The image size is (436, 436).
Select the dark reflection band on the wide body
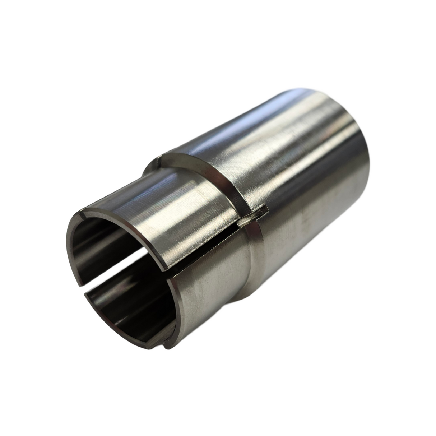click(316, 180)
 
